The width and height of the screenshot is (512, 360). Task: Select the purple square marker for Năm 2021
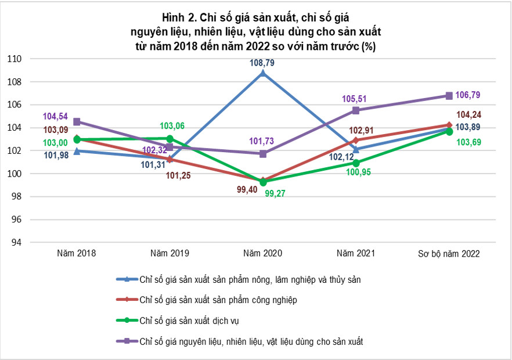[x=356, y=110]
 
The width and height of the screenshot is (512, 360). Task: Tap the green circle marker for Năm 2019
[x=170, y=139]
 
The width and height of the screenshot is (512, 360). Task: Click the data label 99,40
[x=247, y=189]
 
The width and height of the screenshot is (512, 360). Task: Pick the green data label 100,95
[x=358, y=172]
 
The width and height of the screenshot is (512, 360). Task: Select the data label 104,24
[x=468, y=114]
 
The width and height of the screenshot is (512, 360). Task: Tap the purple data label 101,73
[x=262, y=141]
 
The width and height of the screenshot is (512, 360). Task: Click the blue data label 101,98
[x=56, y=155]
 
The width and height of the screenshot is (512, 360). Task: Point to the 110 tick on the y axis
[x=14, y=59]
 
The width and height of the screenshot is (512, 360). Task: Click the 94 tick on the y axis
[x=16, y=243]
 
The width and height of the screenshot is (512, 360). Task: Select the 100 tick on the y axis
[x=14, y=174]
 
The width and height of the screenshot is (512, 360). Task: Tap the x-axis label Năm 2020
[x=262, y=253]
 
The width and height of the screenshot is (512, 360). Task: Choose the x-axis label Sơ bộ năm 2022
[x=449, y=254]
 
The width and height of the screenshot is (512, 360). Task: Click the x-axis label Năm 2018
[x=77, y=253]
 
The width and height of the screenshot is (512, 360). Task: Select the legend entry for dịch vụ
[x=178, y=321]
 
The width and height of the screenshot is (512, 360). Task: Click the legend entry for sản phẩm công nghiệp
[x=207, y=300]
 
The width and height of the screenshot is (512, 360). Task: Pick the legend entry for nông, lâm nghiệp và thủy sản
[x=239, y=280]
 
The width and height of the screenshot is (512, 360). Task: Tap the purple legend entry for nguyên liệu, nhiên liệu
[x=240, y=341]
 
